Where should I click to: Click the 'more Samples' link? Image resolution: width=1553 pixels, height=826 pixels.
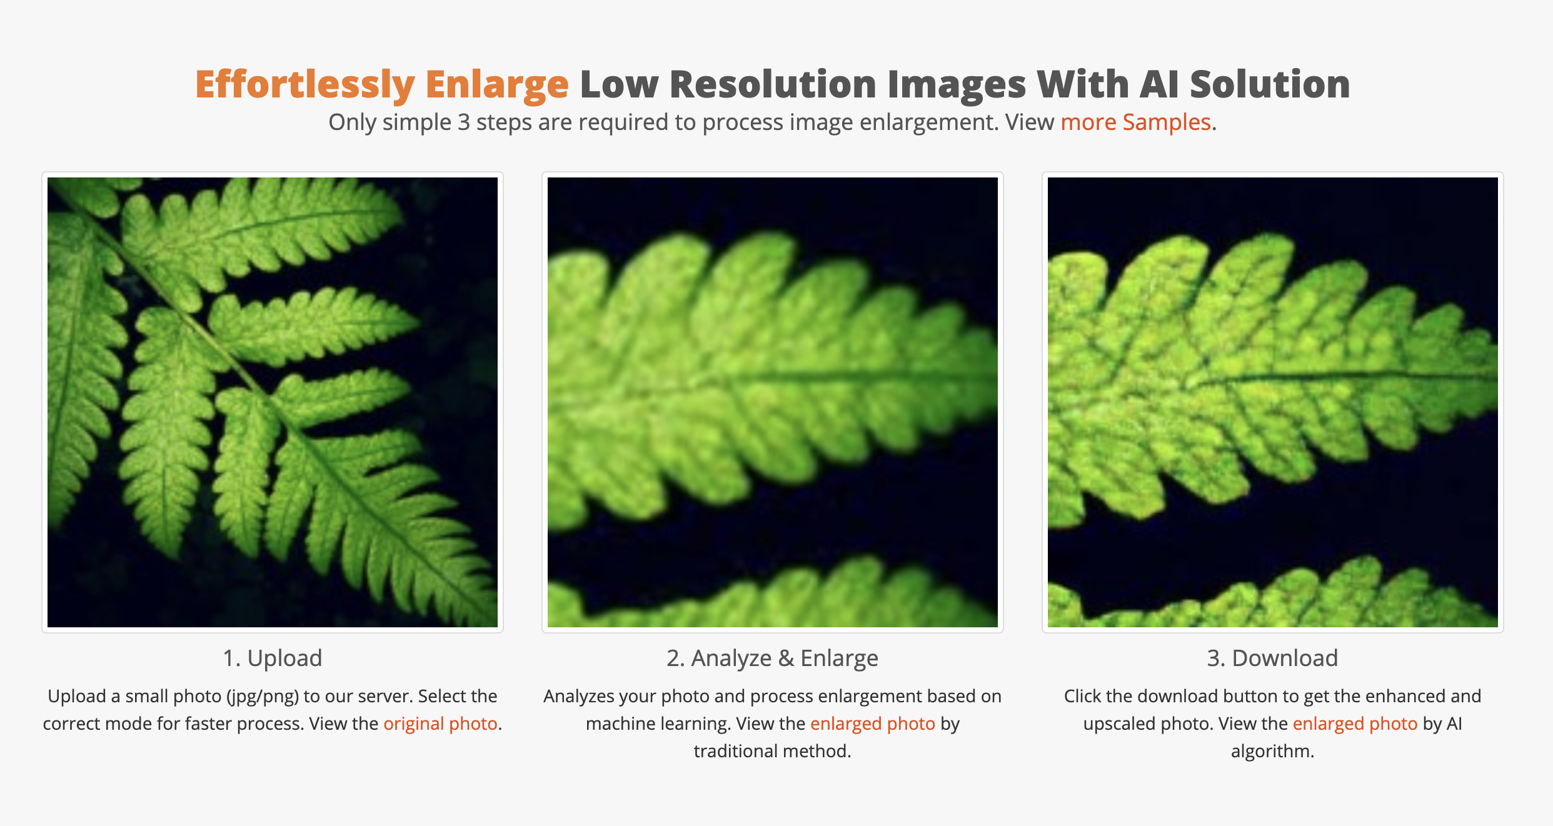click(x=1136, y=122)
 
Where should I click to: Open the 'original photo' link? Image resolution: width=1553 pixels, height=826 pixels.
click(x=440, y=724)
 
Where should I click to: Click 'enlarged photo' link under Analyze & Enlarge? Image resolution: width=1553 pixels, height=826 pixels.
click(x=873, y=724)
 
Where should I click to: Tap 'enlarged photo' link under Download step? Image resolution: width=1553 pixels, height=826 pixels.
click(x=1355, y=724)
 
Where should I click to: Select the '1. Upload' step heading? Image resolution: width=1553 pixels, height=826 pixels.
click(x=273, y=658)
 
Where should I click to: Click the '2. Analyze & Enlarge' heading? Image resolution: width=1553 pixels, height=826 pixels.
click(x=772, y=658)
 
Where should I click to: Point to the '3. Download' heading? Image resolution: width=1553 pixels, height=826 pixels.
click(x=1272, y=658)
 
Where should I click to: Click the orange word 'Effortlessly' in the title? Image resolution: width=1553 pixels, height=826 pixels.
click(x=305, y=85)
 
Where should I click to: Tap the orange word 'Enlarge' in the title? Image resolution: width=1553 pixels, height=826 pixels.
click(x=497, y=85)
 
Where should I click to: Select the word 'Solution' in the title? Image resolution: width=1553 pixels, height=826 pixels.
click(x=1270, y=84)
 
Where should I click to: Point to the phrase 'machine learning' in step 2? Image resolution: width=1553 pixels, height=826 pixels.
click(x=658, y=724)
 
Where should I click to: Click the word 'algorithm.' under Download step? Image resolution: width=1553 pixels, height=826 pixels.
click(x=1272, y=751)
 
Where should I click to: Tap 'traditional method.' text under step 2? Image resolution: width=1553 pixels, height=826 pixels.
click(x=772, y=751)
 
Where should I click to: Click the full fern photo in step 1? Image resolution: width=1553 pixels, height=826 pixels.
click(x=273, y=402)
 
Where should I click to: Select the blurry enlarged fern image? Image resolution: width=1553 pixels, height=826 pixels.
click(x=773, y=402)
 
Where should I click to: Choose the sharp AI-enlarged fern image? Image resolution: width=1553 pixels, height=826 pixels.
click(x=1273, y=402)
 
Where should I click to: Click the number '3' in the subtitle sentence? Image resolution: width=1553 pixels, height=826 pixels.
click(x=463, y=122)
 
